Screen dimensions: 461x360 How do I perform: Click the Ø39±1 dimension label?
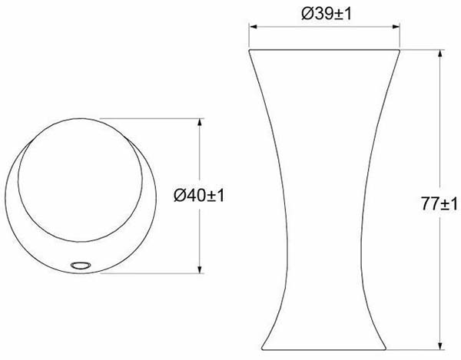pos(327,14)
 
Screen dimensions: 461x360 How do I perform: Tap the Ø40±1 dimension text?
pos(199,195)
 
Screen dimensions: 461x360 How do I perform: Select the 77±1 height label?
pos(439,203)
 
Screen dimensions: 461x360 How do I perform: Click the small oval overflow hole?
pos(81,265)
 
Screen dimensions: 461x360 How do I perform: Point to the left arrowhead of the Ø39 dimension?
pos(253,27)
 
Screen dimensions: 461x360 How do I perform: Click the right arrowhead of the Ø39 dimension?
pos(396,27)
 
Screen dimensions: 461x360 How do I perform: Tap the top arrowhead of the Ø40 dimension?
pos(200,123)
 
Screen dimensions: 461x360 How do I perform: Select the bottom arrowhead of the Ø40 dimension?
pos(200,269)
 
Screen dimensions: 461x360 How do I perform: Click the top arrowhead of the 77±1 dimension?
pos(439,54)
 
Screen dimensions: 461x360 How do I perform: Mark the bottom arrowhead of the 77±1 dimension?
pos(439,345)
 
